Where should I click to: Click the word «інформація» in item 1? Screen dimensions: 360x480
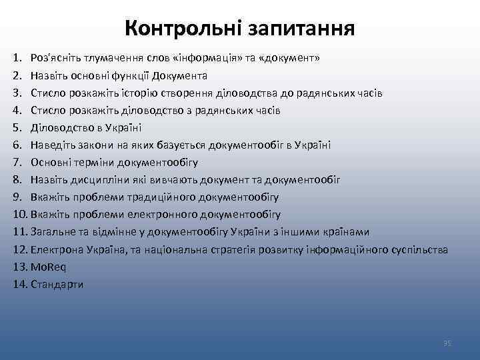click(x=198, y=58)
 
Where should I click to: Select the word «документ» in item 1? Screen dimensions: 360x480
click(x=290, y=58)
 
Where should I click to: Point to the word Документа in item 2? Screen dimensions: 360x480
click(x=180, y=75)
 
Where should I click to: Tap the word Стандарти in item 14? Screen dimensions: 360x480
click(x=57, y=284)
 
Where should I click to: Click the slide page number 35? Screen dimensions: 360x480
click(x=447, y=343)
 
